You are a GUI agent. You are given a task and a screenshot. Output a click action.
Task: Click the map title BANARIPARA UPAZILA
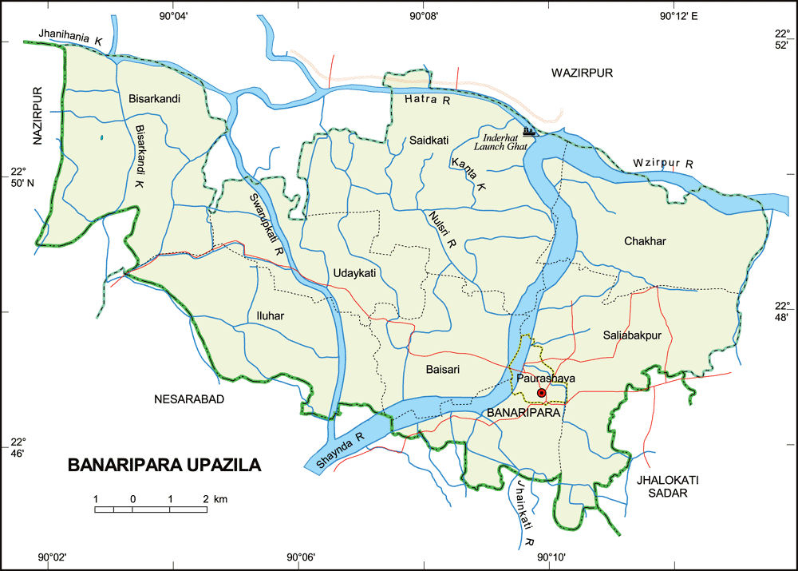[x=164, y=466]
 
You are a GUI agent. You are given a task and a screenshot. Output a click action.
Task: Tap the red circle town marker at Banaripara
[x=541, y=393]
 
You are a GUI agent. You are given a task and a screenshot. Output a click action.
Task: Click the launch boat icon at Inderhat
[x=528, y=131]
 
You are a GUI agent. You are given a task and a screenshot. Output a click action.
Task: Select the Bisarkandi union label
[x=154, y=99]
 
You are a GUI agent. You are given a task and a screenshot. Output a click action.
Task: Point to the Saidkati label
[x=429, y=140]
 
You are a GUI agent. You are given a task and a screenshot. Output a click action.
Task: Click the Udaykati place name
[x=354, y=273]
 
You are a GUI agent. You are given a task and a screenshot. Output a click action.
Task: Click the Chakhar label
[x=645, y=241]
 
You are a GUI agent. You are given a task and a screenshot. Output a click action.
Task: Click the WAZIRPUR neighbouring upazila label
[x=581, y=73]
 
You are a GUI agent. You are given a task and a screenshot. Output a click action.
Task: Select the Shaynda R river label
[x=339, y=449]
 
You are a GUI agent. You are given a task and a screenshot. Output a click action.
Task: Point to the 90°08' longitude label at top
[x=424, y=14]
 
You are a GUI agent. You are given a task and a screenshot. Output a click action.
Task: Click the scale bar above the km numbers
[x=151, y=509]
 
